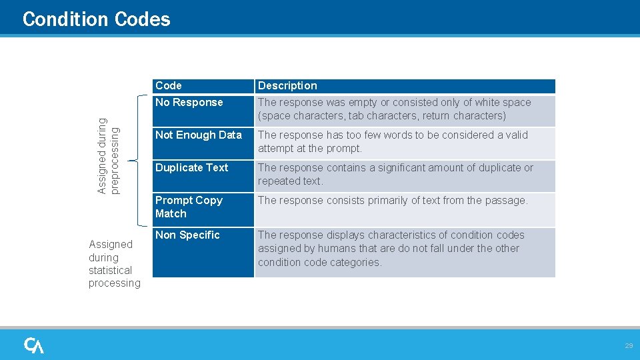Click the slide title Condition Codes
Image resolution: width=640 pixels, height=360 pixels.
(x=96, y=19)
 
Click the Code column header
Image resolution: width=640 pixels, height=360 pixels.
(x=169, y=86)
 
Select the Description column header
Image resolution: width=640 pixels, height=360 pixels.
(x=287, y=86)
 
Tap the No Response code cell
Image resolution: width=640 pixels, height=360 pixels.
(x=189, y=103)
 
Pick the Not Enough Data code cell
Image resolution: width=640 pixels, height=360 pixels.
(x=198, y=135)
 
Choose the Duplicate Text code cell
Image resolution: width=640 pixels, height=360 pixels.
(x=191, y=168)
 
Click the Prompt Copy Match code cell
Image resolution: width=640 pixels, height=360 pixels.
(x=189, y=207)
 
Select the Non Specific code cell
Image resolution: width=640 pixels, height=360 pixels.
(x=187, y=235)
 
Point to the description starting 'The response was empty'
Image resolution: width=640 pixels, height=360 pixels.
(x=394, y=109)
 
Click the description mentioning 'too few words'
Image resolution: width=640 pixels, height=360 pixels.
(x=393, y=141)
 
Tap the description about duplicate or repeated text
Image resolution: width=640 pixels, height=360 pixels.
(x=395, y=174)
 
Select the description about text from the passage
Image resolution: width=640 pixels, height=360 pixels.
(x=393, y=201)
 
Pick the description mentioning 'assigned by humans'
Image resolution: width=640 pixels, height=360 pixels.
(x=391, y=249)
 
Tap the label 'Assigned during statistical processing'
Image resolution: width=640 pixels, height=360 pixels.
(x=114, y=263)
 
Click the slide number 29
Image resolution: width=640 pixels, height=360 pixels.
(x=628, y=346)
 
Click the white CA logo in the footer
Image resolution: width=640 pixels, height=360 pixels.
(x=34, y=345)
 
